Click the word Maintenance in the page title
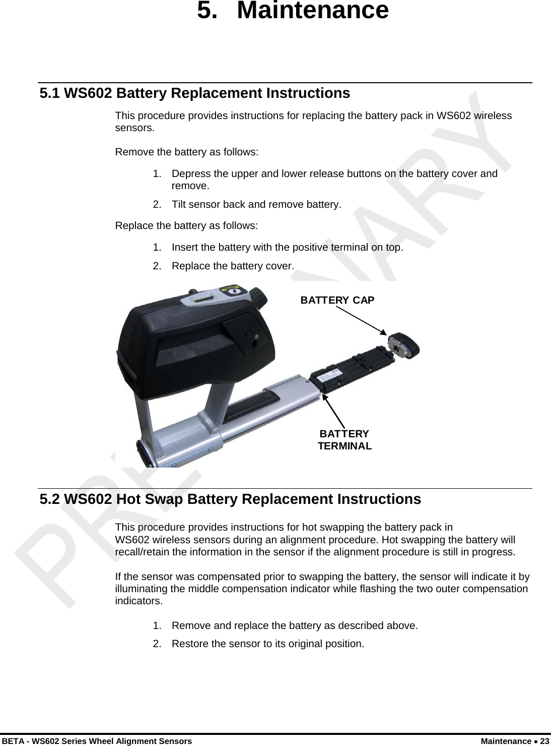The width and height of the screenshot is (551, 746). [x=312, y=11]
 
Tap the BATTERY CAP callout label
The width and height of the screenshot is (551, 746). [x=337, y=300]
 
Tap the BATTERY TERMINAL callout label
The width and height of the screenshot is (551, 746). [x=345, y=440]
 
